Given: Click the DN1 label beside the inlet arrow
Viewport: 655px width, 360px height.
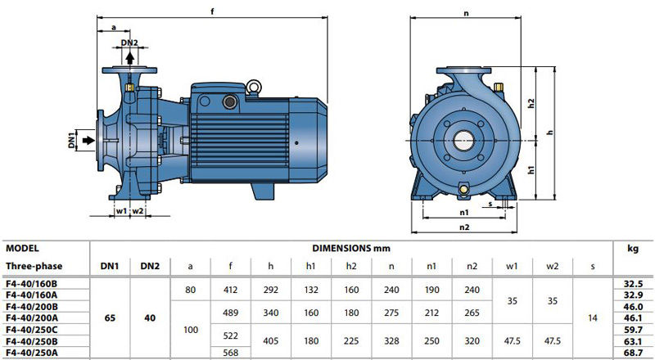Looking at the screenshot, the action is (71, 140).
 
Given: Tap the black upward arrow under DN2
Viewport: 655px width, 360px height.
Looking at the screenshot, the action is (130, 57).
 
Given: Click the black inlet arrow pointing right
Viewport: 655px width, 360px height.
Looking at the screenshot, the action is (88, 141).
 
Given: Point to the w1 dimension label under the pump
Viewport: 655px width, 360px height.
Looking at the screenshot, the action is (121, 211).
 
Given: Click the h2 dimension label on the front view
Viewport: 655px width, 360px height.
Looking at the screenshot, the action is (531, 103).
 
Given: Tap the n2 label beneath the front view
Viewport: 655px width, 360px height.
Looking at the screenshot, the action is (464, 227).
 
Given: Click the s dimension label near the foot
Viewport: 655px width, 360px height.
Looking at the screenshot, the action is (490, 205).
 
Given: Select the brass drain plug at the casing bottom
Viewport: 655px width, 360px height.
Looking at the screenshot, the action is (463, 189).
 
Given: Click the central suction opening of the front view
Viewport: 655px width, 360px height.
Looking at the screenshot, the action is (463, 141).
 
